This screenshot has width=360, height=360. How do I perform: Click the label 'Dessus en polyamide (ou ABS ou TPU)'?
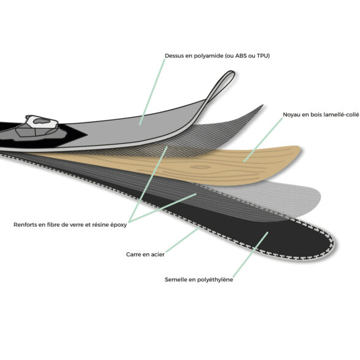pos(217,56)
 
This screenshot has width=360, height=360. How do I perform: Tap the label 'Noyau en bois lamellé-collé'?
pos(321,114)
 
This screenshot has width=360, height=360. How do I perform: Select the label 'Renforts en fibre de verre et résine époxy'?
pos(70,225)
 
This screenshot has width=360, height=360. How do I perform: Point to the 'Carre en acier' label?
pos(145,255)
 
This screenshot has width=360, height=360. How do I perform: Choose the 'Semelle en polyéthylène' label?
pos(199,280)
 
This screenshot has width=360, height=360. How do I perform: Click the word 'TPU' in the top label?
pos(263,56)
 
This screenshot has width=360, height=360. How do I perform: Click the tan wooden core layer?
pos(207,165)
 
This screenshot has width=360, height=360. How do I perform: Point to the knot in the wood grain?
pos(200,167)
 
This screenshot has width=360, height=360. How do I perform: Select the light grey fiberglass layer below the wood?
pos(271,197)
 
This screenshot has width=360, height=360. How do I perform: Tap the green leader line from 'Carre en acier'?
pos(182,240)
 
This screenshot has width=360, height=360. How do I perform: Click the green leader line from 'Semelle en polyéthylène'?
pos(250,255)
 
